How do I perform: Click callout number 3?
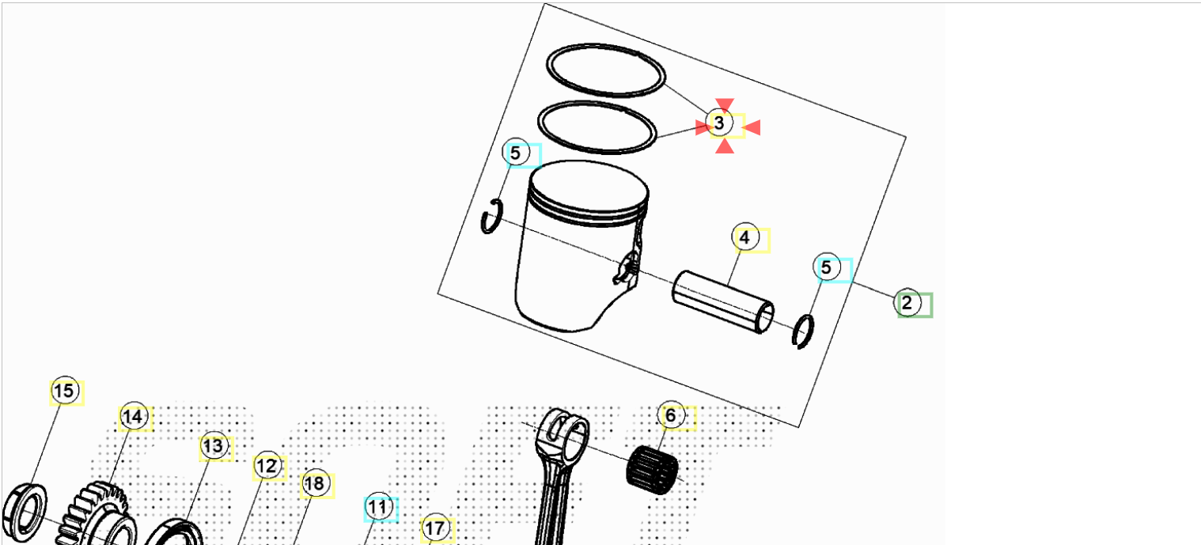click(719, 123)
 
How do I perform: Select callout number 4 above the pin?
click(744, 237)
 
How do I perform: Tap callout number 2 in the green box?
click(907, 303)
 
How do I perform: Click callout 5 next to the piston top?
click(515, 153)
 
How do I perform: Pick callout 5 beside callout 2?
click(826, 267)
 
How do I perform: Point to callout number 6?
click(671, 414)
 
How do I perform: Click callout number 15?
click(65, 390)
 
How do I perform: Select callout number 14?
click(133, 416)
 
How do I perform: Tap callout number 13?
click(214, 446)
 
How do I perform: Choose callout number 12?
click(267, 466)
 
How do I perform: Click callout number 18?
click(315, 484)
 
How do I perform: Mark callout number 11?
click(378, 506)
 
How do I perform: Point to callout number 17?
click(435, 528)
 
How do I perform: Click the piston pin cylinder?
click(723, 302)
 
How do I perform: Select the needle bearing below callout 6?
click(652, 470)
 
